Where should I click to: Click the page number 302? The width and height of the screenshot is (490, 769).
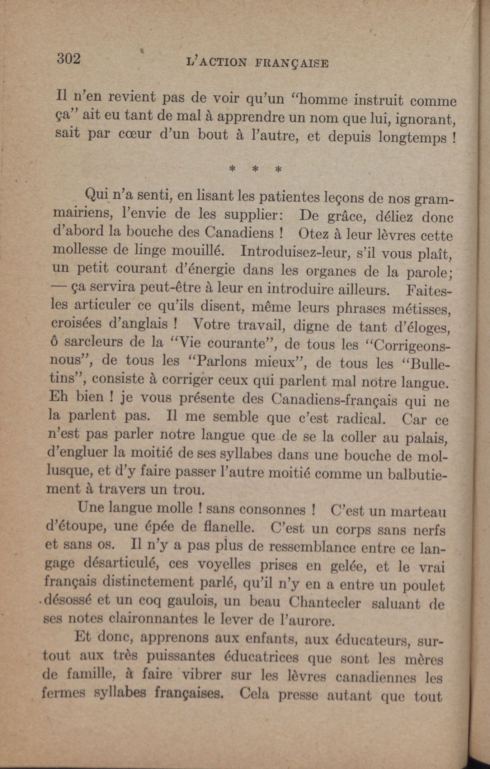69,58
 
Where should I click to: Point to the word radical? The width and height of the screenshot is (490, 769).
360,418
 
